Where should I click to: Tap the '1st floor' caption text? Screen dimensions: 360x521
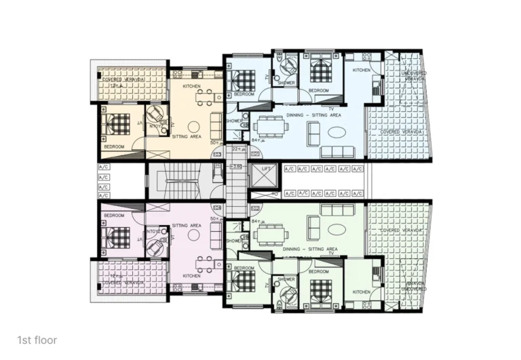(37, 340)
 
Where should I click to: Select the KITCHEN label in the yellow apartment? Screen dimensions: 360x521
(192, 87)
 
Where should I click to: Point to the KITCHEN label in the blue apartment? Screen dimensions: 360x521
(362, 70)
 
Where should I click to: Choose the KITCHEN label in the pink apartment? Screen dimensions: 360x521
(192, 276)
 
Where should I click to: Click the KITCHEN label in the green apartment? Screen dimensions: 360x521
(362, 292)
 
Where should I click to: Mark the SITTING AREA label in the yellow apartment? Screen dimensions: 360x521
(187, 136)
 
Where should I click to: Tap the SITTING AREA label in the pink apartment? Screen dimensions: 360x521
(187, 225)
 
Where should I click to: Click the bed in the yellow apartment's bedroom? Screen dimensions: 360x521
(117, 125)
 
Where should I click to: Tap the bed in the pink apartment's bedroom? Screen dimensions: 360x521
(117, 237)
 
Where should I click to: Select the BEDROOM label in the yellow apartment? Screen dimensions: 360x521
(113, 146)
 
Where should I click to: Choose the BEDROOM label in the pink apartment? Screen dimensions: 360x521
(113, 215)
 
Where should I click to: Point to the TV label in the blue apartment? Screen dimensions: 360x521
(331, 108)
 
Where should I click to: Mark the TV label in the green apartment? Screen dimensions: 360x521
(331, 254)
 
